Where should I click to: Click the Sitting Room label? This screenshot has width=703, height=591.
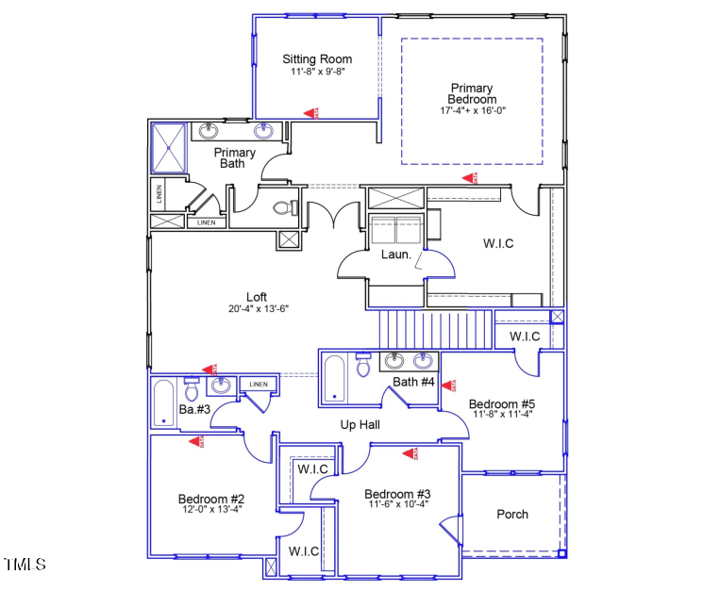tap(317, 59)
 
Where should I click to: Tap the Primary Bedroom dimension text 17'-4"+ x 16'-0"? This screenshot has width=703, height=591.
tap(473, 110)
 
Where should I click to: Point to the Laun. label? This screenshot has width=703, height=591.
tap(395, 254)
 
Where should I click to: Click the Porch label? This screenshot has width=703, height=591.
tap(512, 515)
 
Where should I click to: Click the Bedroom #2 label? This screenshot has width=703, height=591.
tap(211, 499)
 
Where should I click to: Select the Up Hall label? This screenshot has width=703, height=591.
tap(360, 425)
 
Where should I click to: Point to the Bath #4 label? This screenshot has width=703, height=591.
tap(413, 382)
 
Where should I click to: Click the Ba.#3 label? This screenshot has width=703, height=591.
tap(193, 410)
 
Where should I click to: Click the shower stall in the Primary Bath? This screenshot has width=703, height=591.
tap(171, 147)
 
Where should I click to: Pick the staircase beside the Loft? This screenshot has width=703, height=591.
tap(435, 330)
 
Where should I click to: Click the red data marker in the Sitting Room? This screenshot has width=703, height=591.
tap(310, 112)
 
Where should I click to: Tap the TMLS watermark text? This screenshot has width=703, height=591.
tap(25, 565)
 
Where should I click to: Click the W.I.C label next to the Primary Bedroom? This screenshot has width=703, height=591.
tap(498, 244)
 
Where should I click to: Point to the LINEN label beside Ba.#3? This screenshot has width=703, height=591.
tap(258, 385)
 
